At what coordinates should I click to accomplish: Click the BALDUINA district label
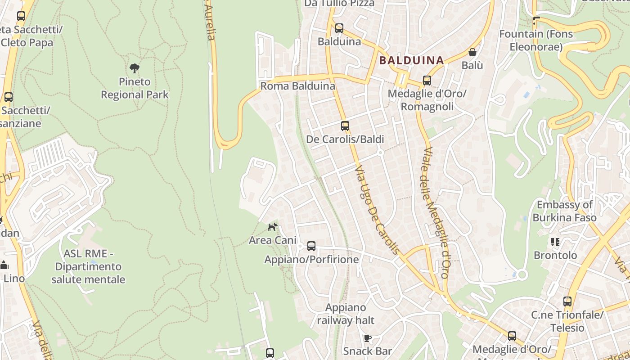pos(411,60)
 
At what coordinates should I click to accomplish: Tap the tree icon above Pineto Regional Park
pos(134,68)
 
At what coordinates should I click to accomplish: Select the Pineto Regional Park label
pos(135,88)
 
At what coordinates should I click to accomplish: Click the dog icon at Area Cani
pos(272,227)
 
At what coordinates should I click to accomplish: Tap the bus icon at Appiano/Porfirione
pos(311,246)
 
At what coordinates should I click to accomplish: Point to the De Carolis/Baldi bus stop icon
pos(345,126)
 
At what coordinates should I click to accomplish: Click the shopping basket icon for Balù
pos(472,52)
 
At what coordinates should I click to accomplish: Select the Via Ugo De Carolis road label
pos(377,209)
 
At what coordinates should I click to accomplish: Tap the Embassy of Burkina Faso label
pos(564,211)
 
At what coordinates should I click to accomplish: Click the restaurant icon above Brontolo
pos(555,242)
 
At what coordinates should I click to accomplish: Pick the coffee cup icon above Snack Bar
pos(367,338)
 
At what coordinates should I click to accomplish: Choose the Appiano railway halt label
pos(346,314)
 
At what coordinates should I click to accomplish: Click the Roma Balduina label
pos(298,86)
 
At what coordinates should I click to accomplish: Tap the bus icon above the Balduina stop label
pos(339,28)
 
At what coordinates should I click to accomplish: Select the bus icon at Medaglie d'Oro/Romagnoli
pos(427,81)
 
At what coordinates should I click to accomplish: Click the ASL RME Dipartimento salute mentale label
pos(88,266)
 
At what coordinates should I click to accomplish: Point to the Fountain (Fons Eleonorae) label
pos(535,40)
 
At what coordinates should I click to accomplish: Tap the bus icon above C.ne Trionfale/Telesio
pos(567,301)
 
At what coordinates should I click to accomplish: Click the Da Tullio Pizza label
pos(339,4)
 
